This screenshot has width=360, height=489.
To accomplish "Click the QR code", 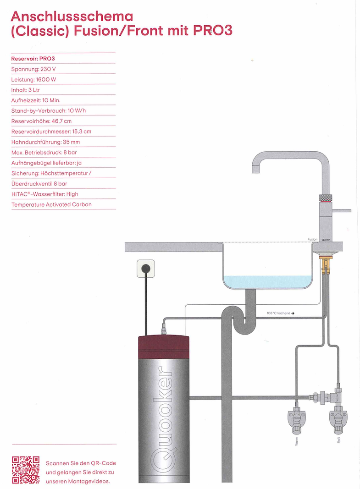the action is [x=26, y=470].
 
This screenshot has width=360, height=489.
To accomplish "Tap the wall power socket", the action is [x=146, y=269].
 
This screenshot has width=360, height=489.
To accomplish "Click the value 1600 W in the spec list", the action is [x=46, y=80].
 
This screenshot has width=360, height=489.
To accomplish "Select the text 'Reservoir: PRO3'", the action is [x=33, y=59].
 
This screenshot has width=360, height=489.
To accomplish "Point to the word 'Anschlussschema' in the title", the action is [x=72, y=16].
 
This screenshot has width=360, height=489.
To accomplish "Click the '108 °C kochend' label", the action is [x=278, y=313].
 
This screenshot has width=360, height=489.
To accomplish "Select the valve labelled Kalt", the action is [x=338, y=418].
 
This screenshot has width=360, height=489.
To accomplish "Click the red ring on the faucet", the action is [x=325, y=202].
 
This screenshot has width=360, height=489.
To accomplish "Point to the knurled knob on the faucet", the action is [x=325, y=198].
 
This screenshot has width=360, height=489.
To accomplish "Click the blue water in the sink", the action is [x=268, y=282].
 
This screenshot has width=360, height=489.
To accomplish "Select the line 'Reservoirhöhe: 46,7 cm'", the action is [x=41, y=121].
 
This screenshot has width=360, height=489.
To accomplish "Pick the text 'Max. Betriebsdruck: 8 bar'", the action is [x=44, y=153].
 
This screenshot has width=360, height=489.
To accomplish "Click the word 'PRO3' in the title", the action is [x=213, y=31].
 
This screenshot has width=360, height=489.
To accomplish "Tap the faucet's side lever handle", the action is [x=342, y=211].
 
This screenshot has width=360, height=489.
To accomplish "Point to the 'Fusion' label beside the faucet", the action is [x=312, y=240].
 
